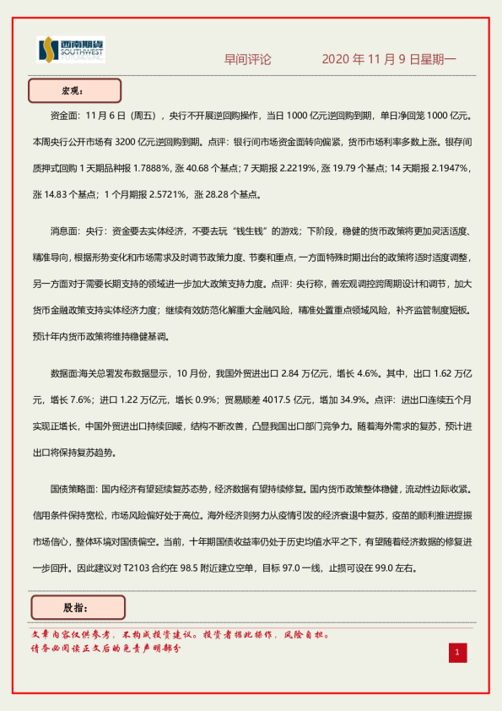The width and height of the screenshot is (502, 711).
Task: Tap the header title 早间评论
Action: pyautogui.click(x=247, y=60)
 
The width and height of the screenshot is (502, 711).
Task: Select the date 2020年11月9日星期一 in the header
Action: pyautogui.click(x=389, y=60)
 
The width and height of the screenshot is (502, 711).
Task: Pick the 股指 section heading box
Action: pyautogui.click(x=77, y=607)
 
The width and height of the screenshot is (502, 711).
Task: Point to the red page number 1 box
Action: pyautogui.click(x=456, y=652)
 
